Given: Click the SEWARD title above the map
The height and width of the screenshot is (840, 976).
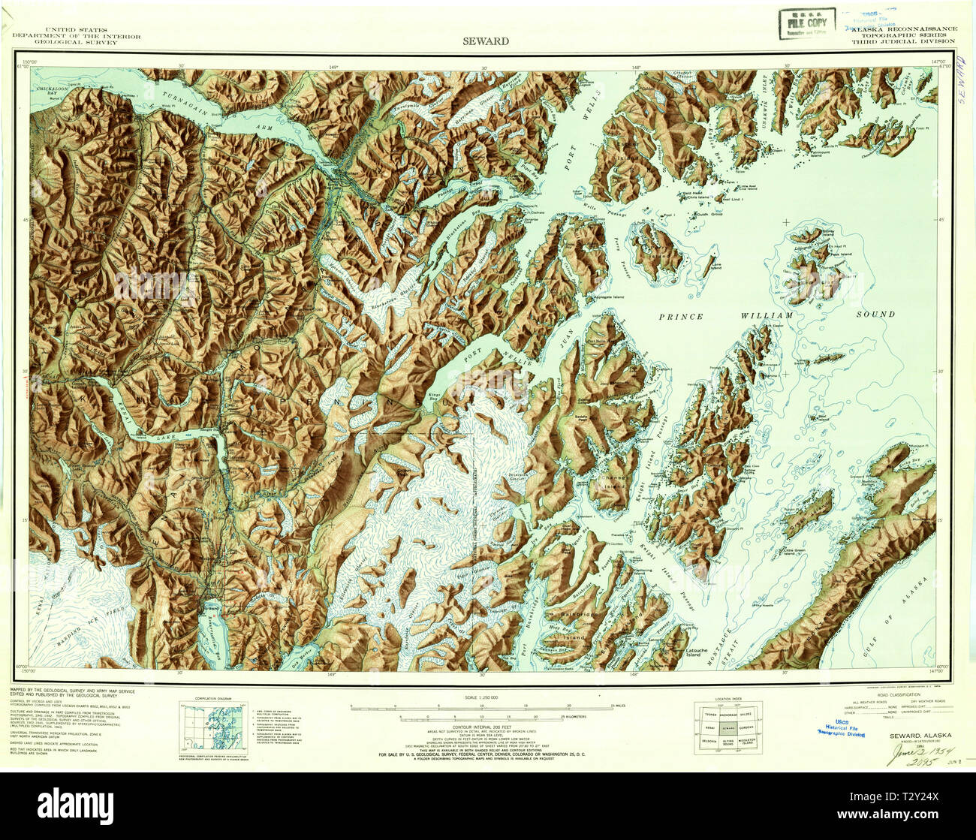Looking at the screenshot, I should click(486, 41).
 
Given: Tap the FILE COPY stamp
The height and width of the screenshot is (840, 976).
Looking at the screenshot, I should click(807, 23).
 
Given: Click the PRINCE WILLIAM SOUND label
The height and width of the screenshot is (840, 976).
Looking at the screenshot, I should click(776, 315).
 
